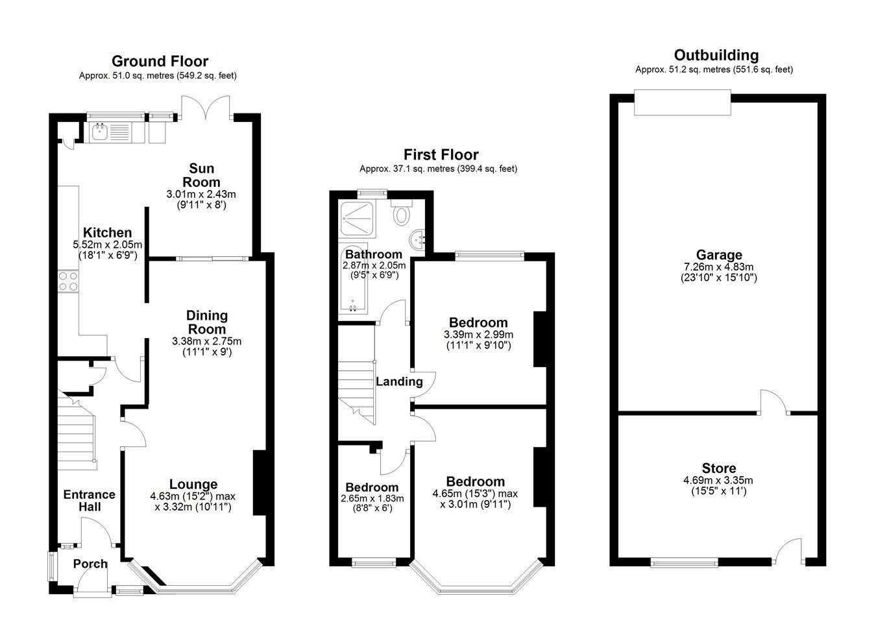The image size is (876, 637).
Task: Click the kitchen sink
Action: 99,132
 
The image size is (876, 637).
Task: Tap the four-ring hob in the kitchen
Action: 68,281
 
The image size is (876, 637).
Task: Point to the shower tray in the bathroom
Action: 357,219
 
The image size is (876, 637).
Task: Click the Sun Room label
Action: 201,175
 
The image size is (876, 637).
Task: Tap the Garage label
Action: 719,255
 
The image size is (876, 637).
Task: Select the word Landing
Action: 399,381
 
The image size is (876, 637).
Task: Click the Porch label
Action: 90,564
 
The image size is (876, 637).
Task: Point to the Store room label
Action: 719,468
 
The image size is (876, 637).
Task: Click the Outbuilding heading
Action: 716,55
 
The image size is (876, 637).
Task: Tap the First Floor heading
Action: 441,155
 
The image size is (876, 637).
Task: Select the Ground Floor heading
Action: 160,62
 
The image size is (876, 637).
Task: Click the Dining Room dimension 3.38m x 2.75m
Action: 206,341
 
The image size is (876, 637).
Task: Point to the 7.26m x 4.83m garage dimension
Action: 719,267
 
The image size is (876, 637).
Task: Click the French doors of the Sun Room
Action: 206,106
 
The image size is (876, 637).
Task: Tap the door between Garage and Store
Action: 774,401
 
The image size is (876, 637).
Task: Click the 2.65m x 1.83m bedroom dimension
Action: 372,499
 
